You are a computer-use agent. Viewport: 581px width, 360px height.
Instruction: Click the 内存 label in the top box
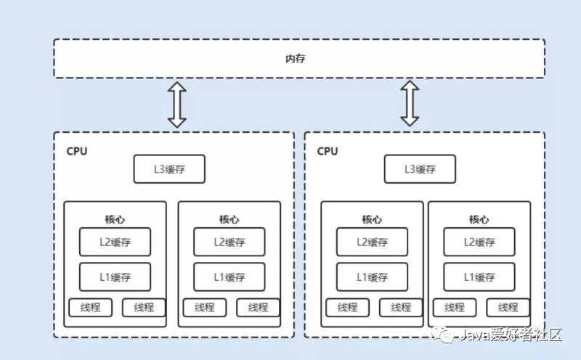click(x=296, y=59)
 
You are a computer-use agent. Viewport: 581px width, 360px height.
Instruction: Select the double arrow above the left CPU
click(x=177, y=105)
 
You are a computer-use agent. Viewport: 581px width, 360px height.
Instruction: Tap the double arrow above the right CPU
click(x=410, y=103)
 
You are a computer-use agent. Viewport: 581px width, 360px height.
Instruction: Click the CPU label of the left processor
click(x=77, y=151)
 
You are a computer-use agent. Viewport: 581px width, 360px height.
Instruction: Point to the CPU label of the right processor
click(x=328, y=151)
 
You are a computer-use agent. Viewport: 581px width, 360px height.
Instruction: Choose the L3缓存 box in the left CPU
click(x=169, y=169)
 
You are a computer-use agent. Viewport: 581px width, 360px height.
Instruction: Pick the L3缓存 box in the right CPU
click(x=420, y=169)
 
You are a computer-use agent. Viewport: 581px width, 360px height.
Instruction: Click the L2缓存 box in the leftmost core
click(x=115, y=242)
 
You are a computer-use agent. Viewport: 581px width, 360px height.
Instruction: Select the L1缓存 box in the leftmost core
click(x=115, y=277)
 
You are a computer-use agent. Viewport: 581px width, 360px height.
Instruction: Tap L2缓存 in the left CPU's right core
click(x=229, y=242)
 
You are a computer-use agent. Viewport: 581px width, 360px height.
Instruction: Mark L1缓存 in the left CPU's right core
click(x=229, y=277)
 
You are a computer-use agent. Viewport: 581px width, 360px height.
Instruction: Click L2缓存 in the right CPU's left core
click(x=372, y=242)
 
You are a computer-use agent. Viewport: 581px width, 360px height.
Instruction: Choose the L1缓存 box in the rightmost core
click(x=479, y=277)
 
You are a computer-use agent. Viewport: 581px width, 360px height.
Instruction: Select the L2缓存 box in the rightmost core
click(x=479, y=242)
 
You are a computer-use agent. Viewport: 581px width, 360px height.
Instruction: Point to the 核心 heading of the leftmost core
click(x=115, y=219)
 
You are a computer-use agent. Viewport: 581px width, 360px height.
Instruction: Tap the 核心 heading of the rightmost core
click(x=479, y=219)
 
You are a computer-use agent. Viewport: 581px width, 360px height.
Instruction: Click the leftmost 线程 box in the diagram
click(x=90, y=308)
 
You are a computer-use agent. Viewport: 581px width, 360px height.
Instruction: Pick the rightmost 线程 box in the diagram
click(x=508, y=308)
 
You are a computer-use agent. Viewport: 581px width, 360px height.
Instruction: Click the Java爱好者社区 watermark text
click(x=511, y=335)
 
